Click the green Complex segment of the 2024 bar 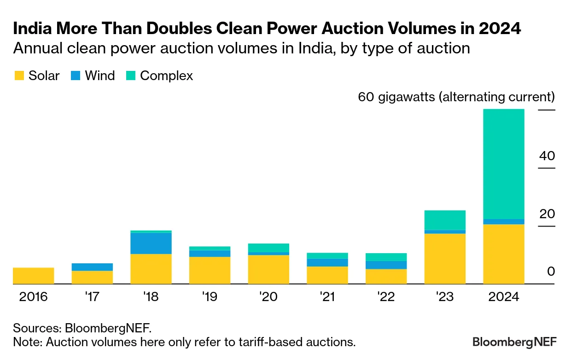pyautogui.click(x=503, y=164)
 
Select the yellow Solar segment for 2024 pyautogui.click(x=503, y=254)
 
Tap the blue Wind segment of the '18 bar pyautogui.click(x=151, y=243)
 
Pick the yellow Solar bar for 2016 pyautogui.click(x=33, y=276)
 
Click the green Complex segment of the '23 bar pyautogui.click(x=445, y=220)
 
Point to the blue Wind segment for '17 pyautogui.click(x=92, y=267)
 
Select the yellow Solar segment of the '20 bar pyautogui.click(x=268, y=269)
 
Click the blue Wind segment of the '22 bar pyautogui.click(x=386, y=265)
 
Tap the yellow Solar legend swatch pyautogui.click(x=18, y=76)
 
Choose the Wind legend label pyautogui.click(x=99, y=76)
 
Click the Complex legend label pyautogui.click(x=166, y=76)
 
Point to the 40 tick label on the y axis pyautogui.click(x=547, y=156)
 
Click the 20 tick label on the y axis pyautogui.click(x=547, y=214)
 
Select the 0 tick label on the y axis pyautogui.click(x=551, y=272)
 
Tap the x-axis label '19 pyautogui.click(x=210, y=297)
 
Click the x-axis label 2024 pyautogui.click(x=503, y=297)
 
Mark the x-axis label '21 pyautogui.click(x=327, y=297)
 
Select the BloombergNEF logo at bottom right pyautogui.click(x=514, y=342)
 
